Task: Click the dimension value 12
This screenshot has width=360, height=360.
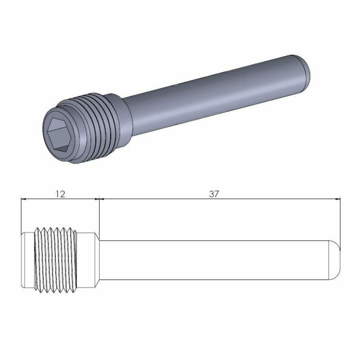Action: pyautogui.click(x=60, y=194)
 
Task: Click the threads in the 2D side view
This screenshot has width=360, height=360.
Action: pyautogui.click(x=56, y=260)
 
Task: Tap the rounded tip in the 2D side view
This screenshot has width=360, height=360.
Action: pyautogui.click(x=336, y=260)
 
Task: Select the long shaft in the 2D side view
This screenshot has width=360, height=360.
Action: pyautogui.click(x=216, y=260)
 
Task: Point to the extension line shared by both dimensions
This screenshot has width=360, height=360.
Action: pyautogui.click(x=99, y=216)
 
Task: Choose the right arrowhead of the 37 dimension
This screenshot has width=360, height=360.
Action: pyautogui.click(x=337, y=198)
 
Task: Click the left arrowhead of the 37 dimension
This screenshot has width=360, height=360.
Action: pyautogui.click(x=102, y=198)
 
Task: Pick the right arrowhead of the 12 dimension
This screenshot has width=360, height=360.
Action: pyautogui.click(x=95, y=198)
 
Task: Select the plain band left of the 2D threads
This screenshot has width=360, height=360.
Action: pyautogui.click(x=28, y=260)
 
